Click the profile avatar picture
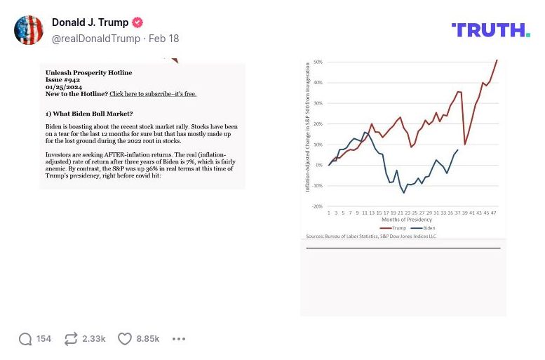29,30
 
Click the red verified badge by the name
138,22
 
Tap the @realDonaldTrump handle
96,39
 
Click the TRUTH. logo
490,29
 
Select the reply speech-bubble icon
25,339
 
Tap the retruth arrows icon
71,339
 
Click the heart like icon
124,339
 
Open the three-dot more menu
179,339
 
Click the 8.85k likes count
148,339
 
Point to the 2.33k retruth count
94,339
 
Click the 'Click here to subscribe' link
153,94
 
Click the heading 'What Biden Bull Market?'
89,114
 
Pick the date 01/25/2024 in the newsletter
64,87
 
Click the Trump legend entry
394,228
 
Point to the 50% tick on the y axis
318,62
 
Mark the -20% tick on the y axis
317,206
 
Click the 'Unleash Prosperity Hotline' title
88,73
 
